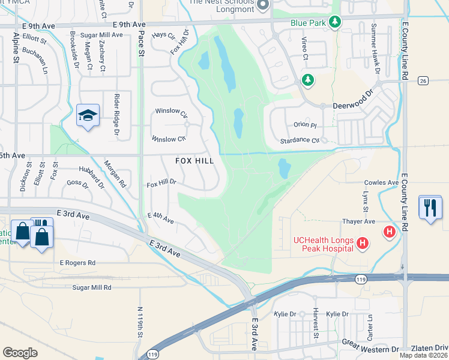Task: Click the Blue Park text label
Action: pos(307,22)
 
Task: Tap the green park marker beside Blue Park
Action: pos(335,22)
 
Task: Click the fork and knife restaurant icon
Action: pos(430,208)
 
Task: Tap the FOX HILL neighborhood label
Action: pos(194,161)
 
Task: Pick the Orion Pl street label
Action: pos(305,125)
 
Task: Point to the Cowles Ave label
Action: pos(382,182)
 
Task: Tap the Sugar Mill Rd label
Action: pos(92,288)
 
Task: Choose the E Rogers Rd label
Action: pos(77,263)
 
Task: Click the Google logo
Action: pos(20,352)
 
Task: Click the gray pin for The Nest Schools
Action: pos(262,6)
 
